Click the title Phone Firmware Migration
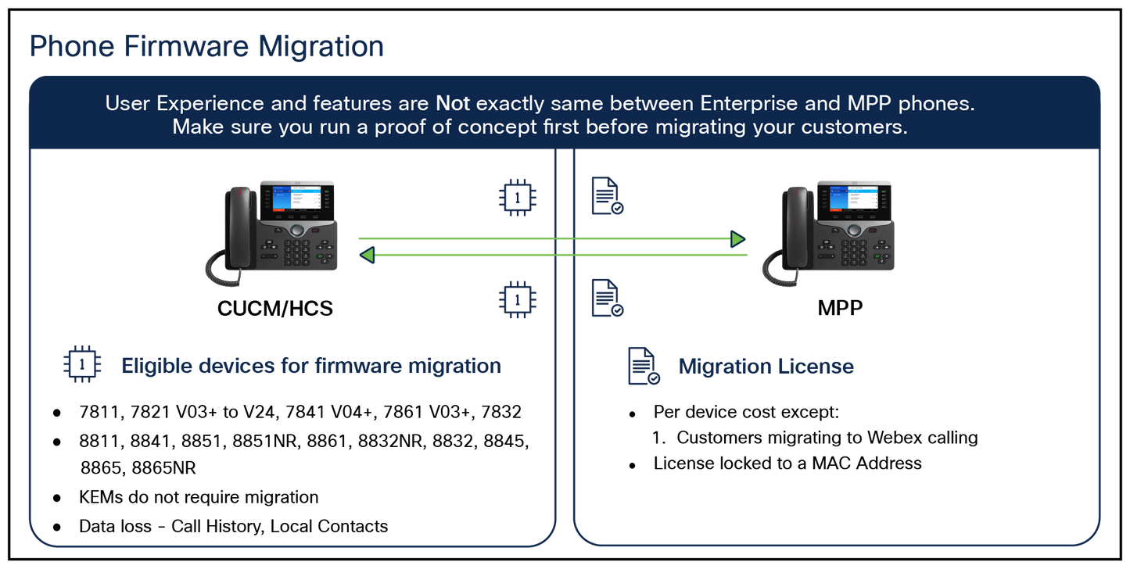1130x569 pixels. coord(206,46)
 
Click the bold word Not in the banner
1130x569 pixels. coord(453,104)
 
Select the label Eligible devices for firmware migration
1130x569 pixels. coord(310,366)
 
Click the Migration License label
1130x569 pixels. coord(766,366)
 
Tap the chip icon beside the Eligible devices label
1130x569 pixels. coord(82,363)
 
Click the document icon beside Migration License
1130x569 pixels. coord(644,365)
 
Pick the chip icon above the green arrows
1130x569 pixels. coord(517,197)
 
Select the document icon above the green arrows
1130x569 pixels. coord(606,195)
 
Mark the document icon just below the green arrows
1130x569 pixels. coord(606,298)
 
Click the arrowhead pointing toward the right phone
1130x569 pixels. coord(737,238)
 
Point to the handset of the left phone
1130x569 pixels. coord(236,227)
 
